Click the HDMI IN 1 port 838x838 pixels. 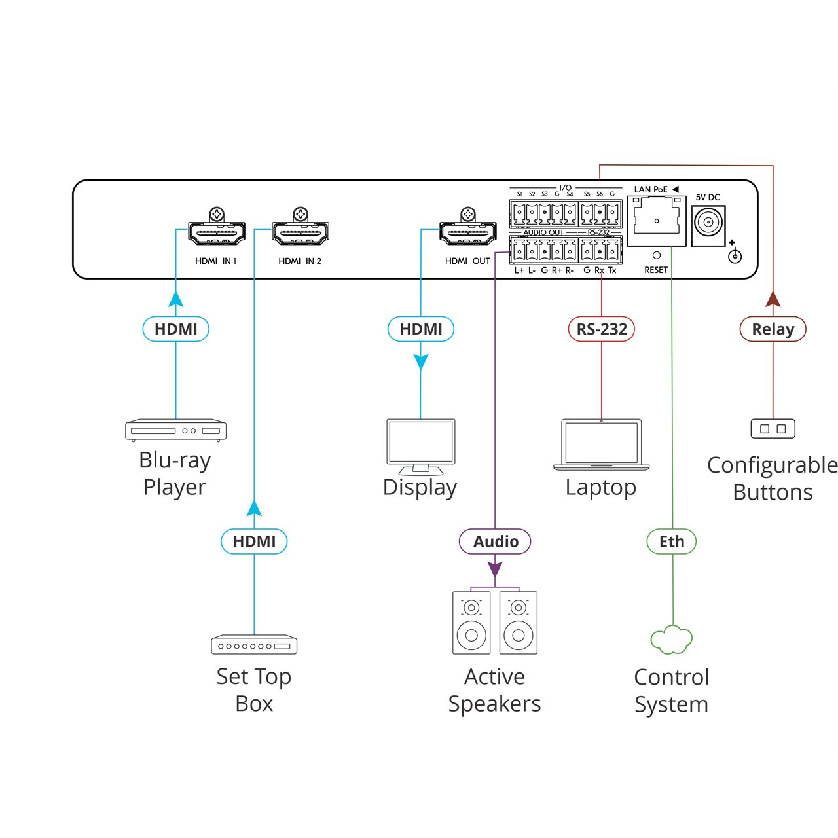point(217,233)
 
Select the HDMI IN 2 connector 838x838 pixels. point(301,233)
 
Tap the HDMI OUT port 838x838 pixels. point(467,233)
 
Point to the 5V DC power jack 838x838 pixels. point(708,223)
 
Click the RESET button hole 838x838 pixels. point(657,255)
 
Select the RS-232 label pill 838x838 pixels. point(601,329)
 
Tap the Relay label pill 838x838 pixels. point(773,329)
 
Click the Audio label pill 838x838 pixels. point(495,541)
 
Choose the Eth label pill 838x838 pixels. point(672,541)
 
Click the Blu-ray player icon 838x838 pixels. point(175,429)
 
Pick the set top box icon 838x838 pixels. point(254,645)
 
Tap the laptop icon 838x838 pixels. point(601,445)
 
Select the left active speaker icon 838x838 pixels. point(471,623)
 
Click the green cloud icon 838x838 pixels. point(672,640)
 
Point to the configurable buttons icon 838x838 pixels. point(773,429)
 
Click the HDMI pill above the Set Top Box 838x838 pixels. point(254,541)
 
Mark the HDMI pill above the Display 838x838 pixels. point(420,329)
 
